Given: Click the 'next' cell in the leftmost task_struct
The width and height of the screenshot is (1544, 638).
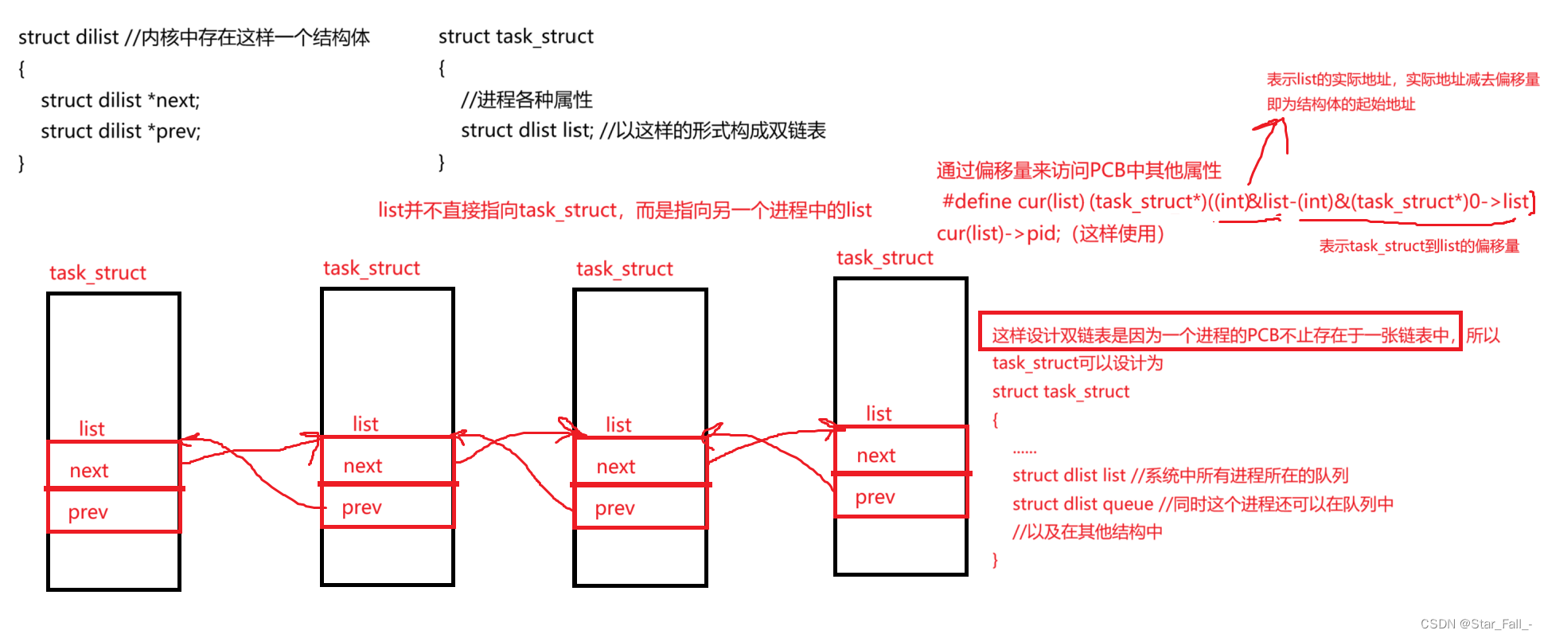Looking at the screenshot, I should [114, 465].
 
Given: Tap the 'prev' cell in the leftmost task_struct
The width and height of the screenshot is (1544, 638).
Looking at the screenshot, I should [114, 511].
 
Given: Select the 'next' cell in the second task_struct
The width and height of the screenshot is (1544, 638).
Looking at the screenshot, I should [387, 460].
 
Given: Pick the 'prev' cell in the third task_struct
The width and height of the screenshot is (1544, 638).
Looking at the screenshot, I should [639, 507].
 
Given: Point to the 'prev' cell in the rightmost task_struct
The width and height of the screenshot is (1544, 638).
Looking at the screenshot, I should [900, 495].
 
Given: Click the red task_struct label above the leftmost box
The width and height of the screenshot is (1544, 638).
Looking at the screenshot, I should [98, 273].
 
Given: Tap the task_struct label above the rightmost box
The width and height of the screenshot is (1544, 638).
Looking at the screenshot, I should [884, 258].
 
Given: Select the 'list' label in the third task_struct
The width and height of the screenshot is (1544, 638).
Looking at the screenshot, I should [618, 425].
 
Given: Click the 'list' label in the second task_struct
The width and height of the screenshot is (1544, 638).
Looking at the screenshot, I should [365, 425].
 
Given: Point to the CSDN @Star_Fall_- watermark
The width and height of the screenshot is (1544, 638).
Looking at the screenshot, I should [1476, 624].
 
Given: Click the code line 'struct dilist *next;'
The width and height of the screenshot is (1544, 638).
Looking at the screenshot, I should [120, 100].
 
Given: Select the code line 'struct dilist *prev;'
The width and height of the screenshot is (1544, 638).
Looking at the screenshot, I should [120, 131].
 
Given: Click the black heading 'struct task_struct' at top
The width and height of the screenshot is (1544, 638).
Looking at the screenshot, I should [516, 37].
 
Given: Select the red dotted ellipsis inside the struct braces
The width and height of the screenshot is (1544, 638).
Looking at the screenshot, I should [1024, 451].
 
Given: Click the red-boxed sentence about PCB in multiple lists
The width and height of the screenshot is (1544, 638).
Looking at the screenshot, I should [1220, 335].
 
